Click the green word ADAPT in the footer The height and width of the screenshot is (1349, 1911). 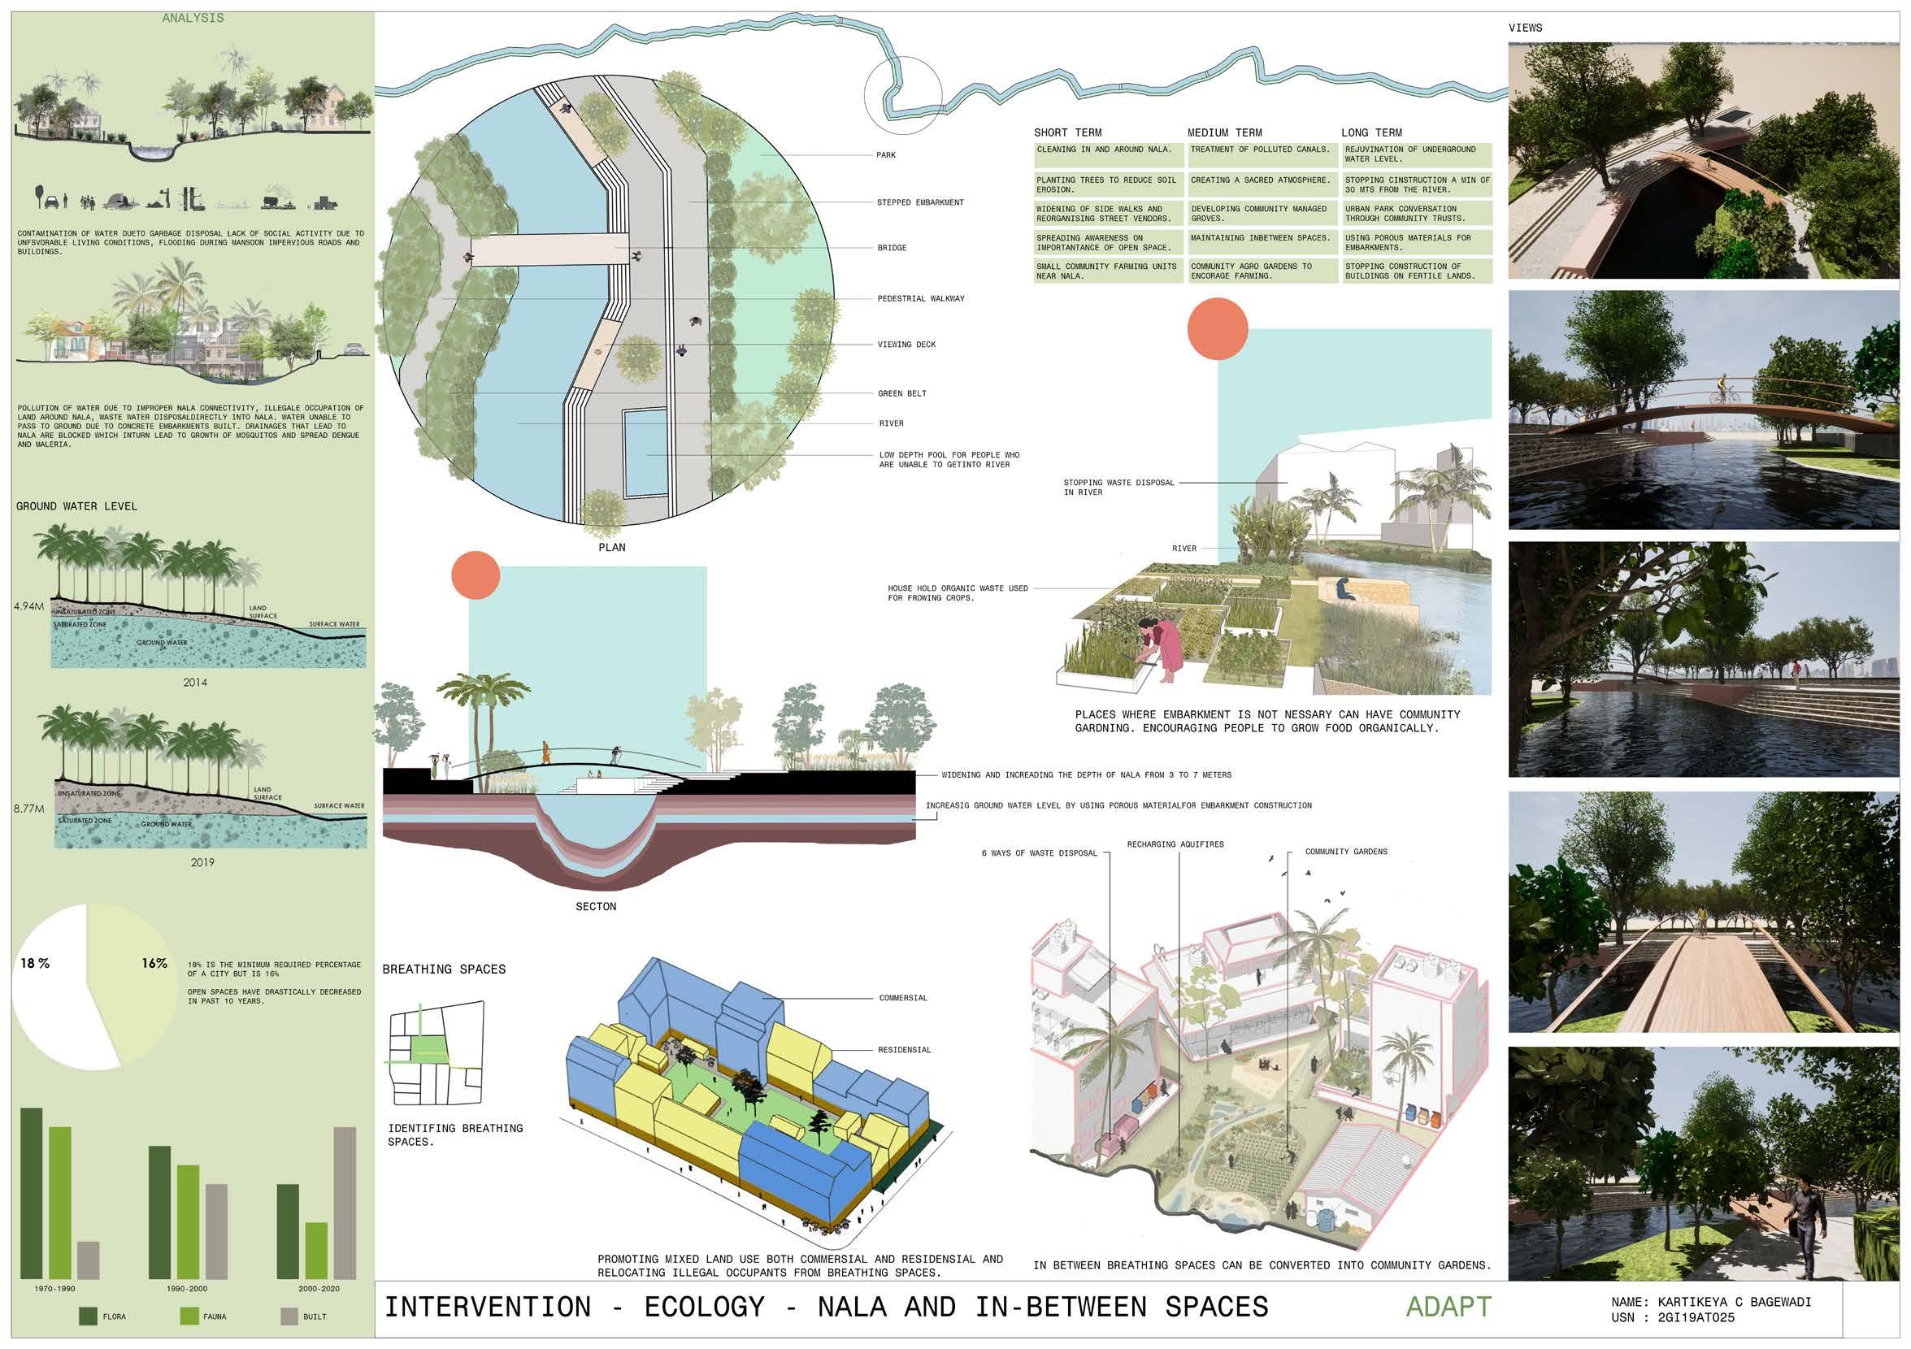coord(1448,1308)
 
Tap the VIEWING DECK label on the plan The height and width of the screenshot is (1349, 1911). coord(906,345)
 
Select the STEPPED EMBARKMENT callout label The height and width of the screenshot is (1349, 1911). coord(919,202)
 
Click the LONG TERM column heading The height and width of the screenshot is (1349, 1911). coord(1370,132)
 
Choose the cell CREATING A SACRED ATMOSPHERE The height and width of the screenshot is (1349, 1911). coord(1260,180)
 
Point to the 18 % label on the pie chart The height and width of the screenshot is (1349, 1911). coord(35,963)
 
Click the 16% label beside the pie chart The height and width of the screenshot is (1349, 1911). coord(154,963)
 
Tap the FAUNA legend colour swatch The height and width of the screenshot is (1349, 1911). coord(189,1316)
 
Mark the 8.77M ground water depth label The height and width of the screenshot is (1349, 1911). coord(28,807)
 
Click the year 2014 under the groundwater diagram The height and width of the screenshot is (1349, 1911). coord(195,683)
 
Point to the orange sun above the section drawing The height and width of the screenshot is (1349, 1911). coord(476,575)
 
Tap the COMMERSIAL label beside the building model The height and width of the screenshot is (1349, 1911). coord(903,998)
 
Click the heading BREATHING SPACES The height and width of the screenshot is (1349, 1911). coord(444,969)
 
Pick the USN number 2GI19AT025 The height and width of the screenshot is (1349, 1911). coord(1696,1317)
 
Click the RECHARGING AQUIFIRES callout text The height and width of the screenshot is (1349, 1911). coord(1175,844)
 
